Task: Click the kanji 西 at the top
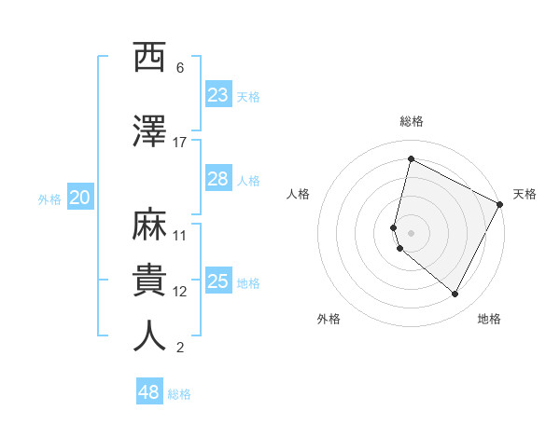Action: point(150,59)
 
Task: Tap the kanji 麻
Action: point(150,226)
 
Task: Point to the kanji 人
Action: point(150,336)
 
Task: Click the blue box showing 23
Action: point(218,95)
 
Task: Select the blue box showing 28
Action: point(218,179)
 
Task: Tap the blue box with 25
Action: point(218,281)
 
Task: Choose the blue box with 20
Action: point(80,198)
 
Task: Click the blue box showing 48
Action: point(149,392)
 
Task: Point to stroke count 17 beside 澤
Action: point(180,142)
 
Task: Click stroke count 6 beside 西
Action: point(180,68)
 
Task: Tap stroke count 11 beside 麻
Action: point(180,236)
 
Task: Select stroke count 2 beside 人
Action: point(180,348)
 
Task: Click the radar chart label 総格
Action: point(411,121)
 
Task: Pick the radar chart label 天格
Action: point(525,194)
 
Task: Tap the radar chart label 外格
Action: point(329,319)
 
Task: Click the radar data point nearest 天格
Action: point(501,204)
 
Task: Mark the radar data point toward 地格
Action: point(455,294)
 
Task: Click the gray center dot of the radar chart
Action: point(411,232)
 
